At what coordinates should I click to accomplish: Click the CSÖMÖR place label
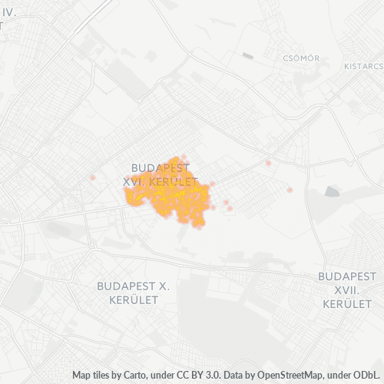coord(300,58)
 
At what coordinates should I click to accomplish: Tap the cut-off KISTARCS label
coord(363,66)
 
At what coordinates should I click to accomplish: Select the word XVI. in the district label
coord(137,180)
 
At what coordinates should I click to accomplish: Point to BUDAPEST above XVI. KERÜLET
coord(161,167)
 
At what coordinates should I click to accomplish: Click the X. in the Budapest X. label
coord(162,286)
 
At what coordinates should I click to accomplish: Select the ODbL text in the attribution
coord(366,376)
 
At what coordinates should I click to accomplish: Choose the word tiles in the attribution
coord(103,376)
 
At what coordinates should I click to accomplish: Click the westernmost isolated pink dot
coord(93,177)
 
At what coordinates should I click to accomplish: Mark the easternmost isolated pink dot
coord(290,190)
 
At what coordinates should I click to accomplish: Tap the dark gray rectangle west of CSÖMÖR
coord(247,55)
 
